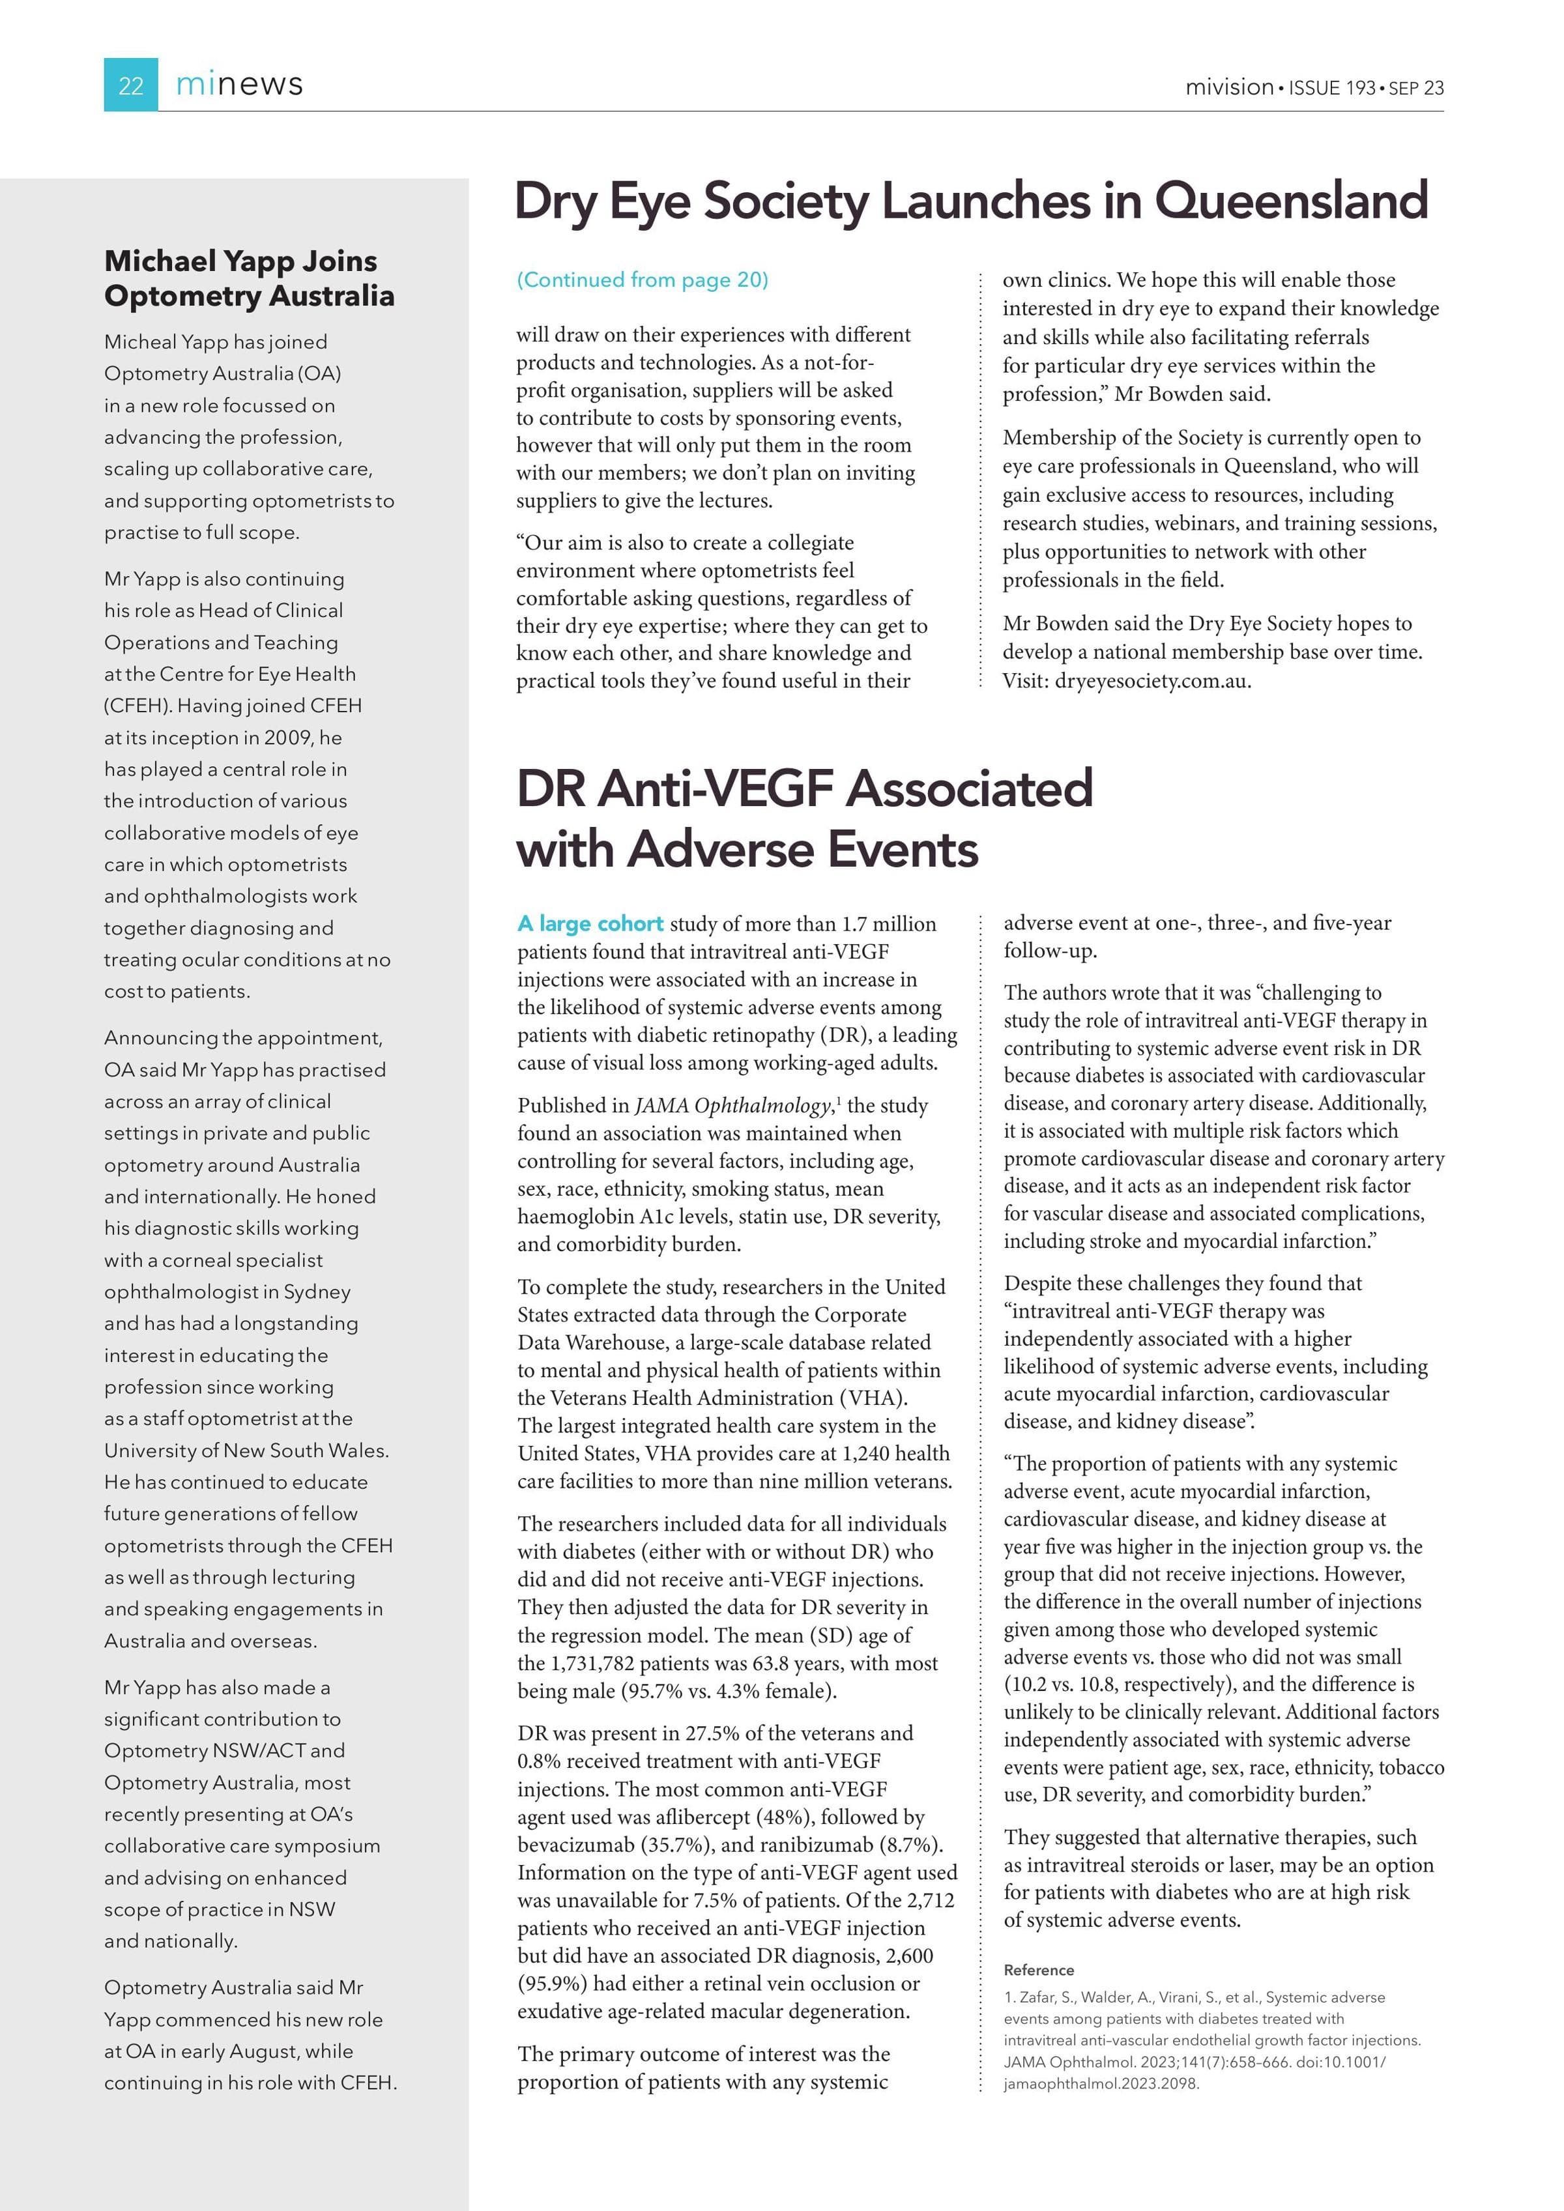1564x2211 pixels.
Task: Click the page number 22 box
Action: [x=131, y=86]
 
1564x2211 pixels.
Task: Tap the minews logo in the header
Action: [x=239, y=85]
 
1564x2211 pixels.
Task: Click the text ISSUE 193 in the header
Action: [x=1332, y=87]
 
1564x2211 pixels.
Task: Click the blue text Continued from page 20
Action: [x=643, y=280]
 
